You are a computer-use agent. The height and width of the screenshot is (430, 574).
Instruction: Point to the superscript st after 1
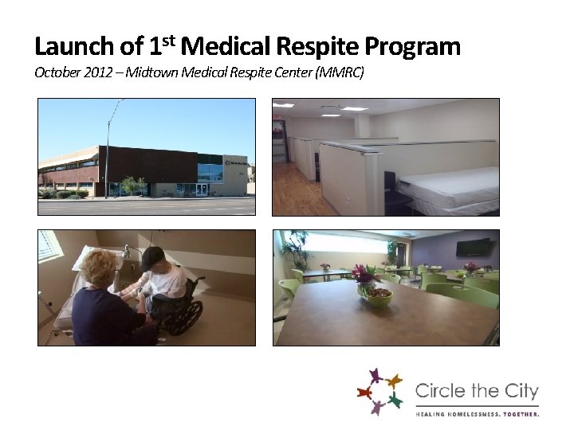[x=170, y=40]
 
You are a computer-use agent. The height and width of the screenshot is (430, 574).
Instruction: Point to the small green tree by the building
[x=134, y=186]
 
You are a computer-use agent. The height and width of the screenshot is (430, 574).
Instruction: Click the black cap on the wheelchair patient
[x=152, y=256]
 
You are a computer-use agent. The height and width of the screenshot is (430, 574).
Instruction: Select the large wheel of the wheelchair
[x=184, y=315]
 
